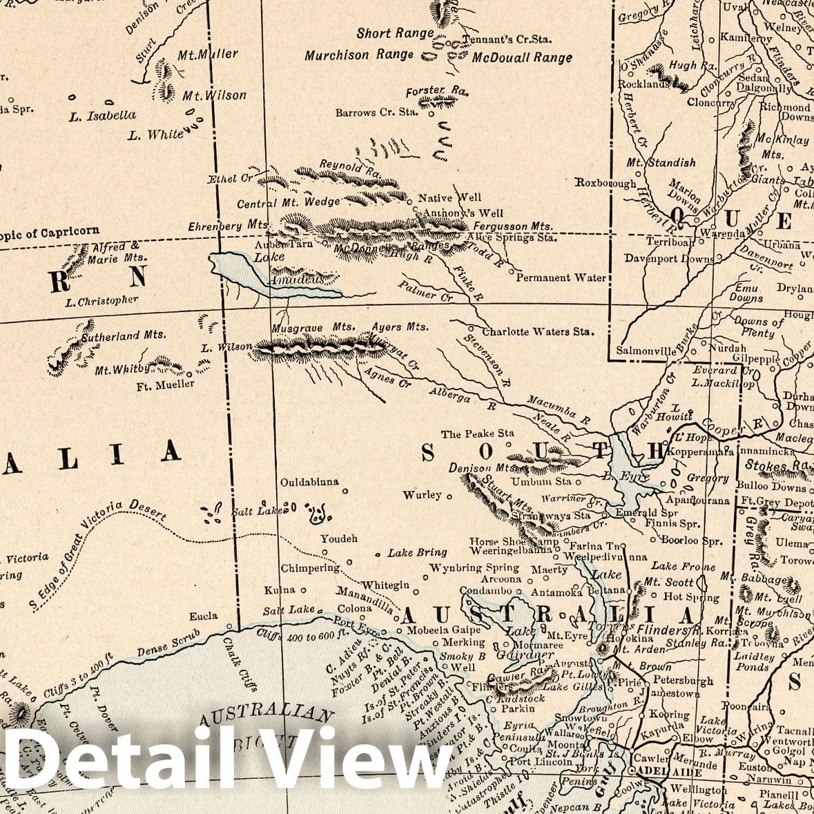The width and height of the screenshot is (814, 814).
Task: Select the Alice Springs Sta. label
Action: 511,238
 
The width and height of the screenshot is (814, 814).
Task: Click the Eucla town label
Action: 203,616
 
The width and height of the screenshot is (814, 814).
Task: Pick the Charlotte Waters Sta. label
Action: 538,331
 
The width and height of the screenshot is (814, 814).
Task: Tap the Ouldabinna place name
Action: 309,482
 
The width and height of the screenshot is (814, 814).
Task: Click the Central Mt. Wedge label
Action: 289,203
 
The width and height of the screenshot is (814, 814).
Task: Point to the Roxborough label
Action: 605,184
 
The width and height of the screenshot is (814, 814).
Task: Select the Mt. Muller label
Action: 208,54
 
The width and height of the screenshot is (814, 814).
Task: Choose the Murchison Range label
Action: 359,55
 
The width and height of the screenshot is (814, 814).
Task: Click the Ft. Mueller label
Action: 165,384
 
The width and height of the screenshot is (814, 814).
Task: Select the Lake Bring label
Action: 417,552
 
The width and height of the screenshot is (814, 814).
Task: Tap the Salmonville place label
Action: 646,351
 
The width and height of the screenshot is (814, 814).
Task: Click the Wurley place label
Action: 423,494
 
